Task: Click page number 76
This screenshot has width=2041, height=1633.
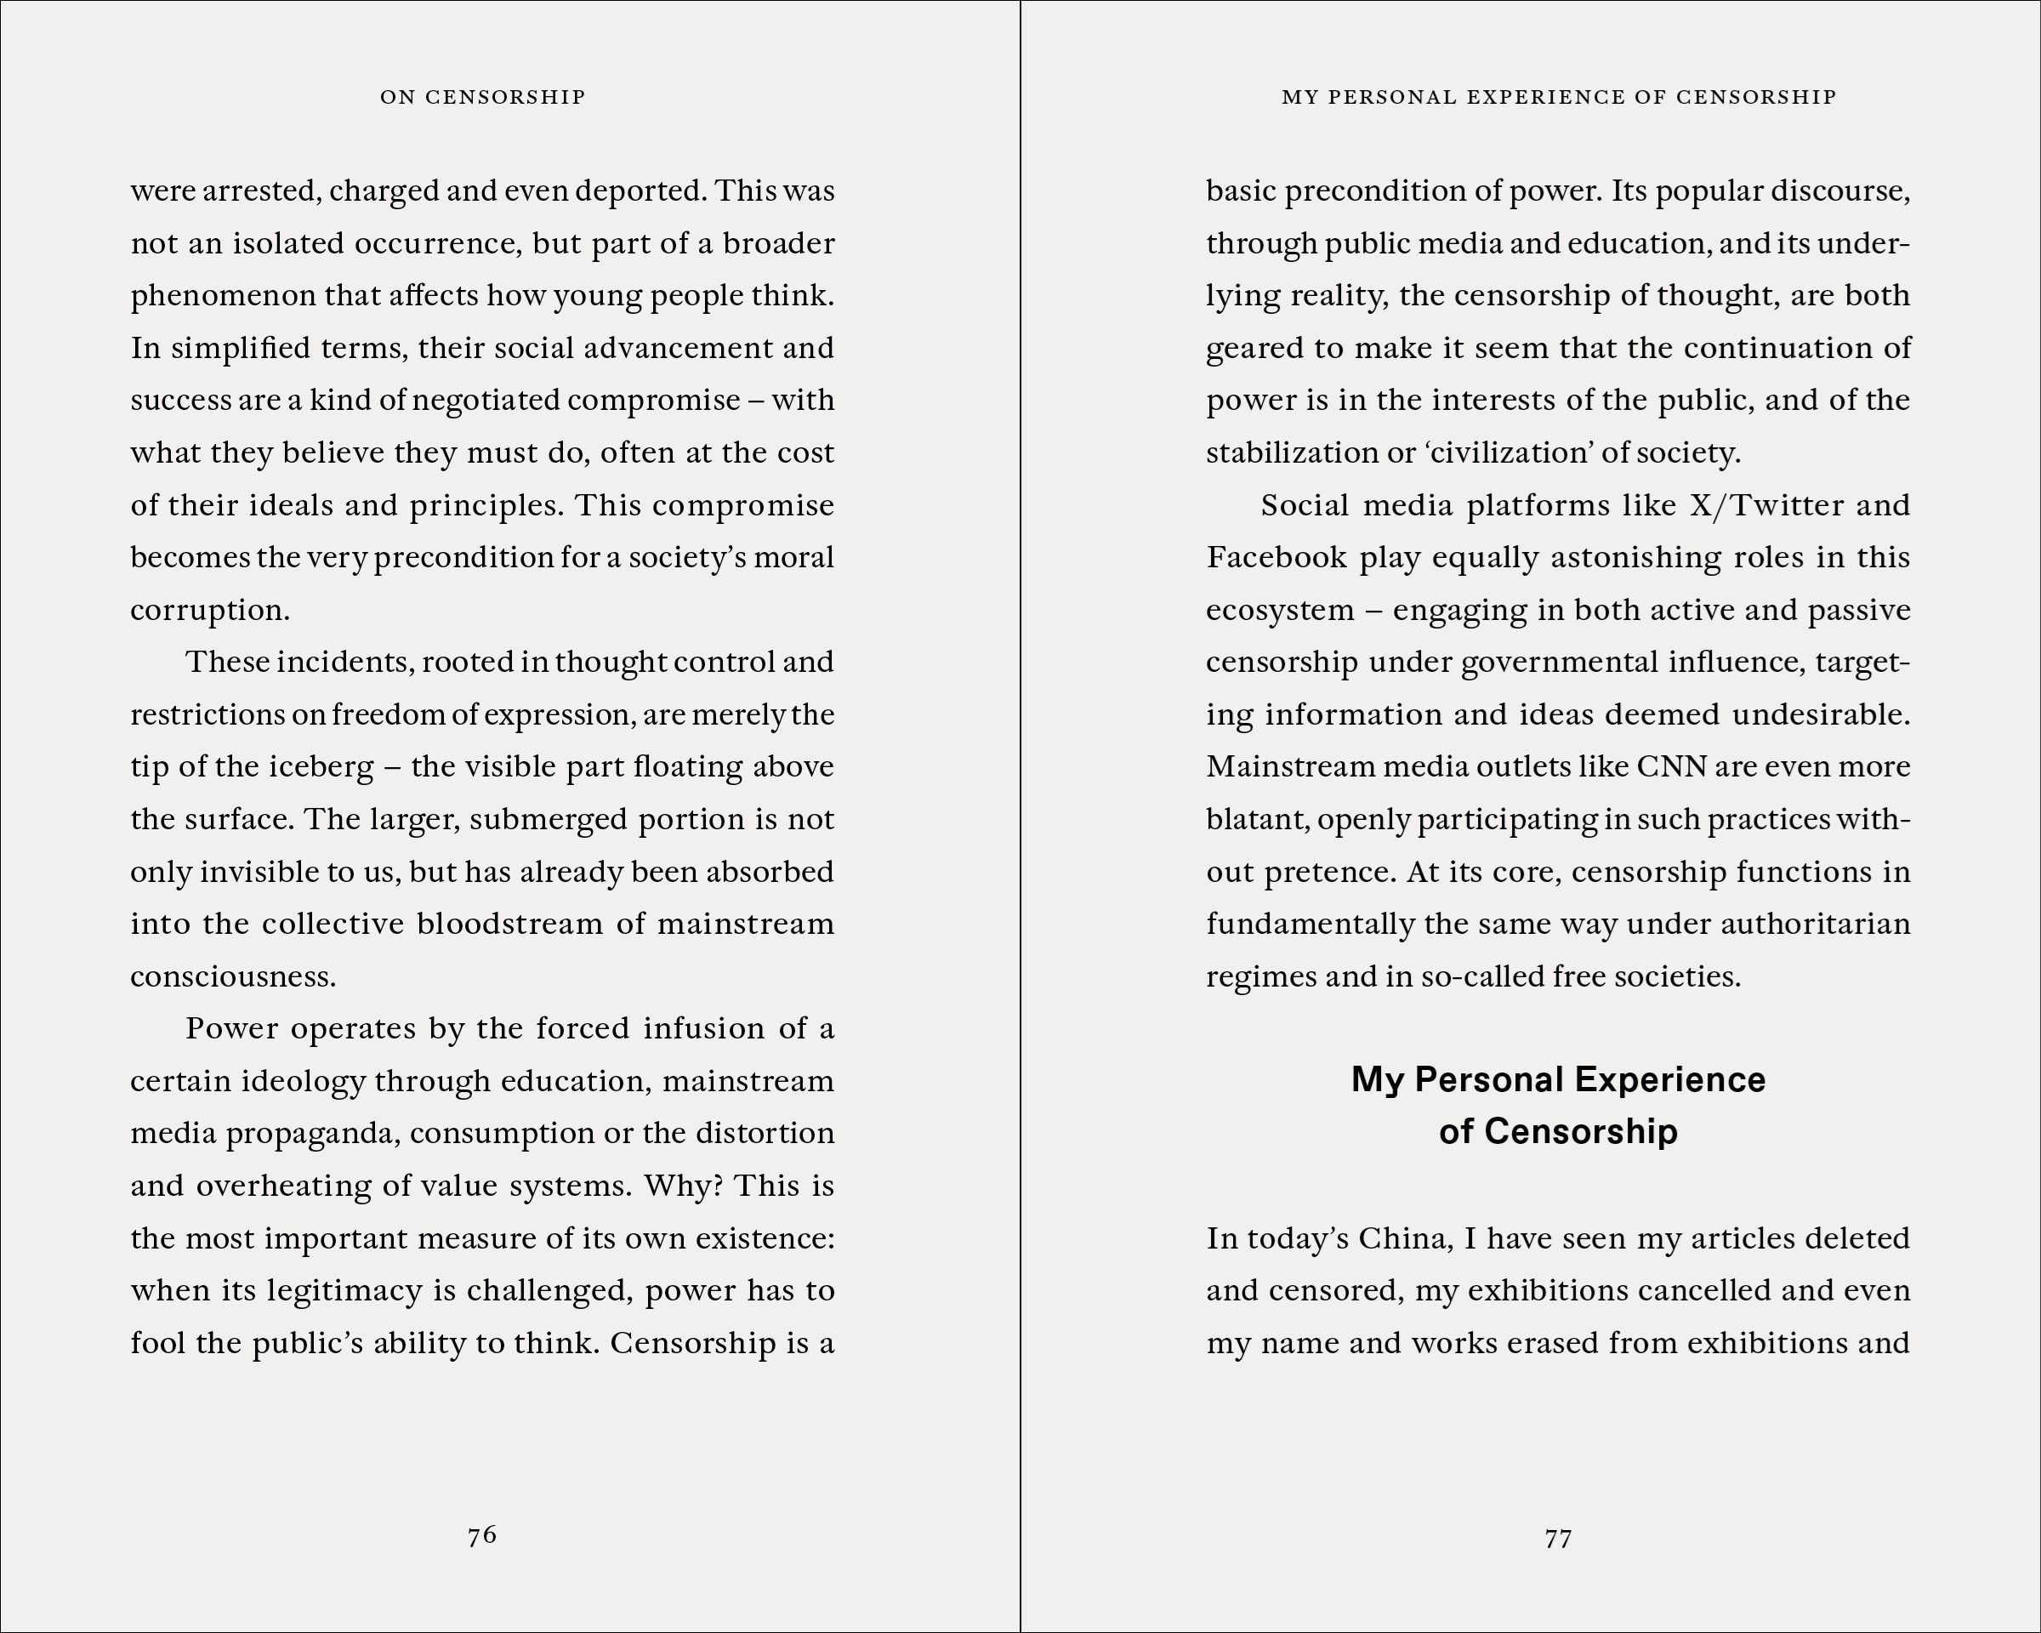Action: click(x=482, y=1534)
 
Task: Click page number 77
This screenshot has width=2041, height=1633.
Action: click(x=1557, y=1539)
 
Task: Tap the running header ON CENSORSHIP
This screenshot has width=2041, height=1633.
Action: click(x=483, y=97)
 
